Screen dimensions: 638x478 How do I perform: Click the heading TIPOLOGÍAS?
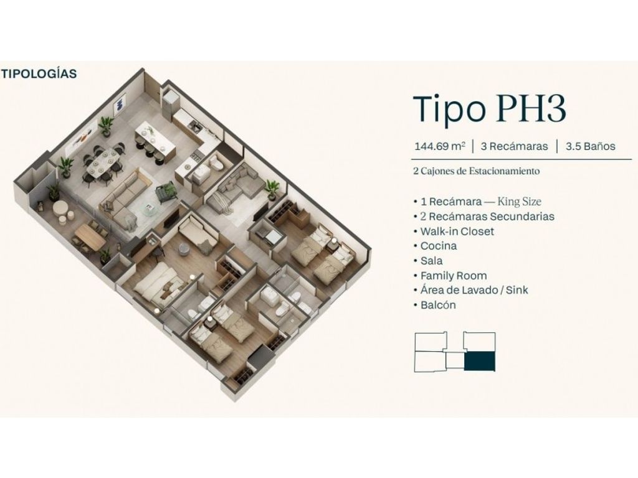pyautogui.click(x=39, y=73)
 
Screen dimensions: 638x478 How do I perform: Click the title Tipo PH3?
pyautogui.click(x=490, y=109)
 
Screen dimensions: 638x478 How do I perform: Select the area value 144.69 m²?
pyautogui.click(x=439, y=146)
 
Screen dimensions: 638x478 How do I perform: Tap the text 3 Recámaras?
pyautogui.click(x=514, y=146)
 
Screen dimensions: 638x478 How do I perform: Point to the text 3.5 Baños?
pyautogui.click(x=591, y=146)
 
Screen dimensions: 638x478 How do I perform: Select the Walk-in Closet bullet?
pyautogui.click(x=454, y=232)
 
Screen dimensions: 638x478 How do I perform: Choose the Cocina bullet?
pyautogui.click(x=436, y=246)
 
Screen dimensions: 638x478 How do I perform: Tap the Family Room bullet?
pyautogui.click(x=450, y=276)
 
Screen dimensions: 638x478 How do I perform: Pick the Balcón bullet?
pyautogui.click(x=435, y=305)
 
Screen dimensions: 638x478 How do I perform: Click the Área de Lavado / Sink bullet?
pyautogui.click(x=471, y=290)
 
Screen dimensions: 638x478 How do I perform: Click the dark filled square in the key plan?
pyautogui.click(x=480, y=362)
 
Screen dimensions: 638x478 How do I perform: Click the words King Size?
pyautogui.click(x=520, y=202)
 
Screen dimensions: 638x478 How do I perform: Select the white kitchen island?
pyautogui.click(x=155, y=138)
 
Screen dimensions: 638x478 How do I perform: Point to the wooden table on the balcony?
pyautogui.click(x=90, y=237)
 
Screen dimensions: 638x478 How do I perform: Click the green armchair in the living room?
pyautogui.click(x=166, y=190)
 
